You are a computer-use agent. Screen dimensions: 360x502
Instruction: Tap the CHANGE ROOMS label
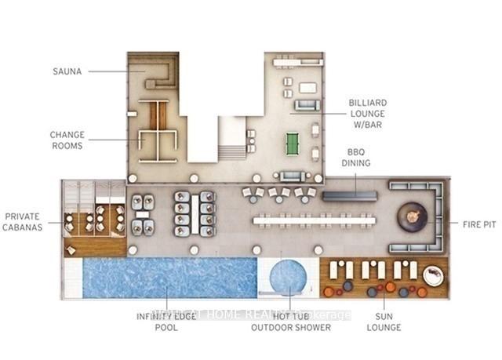[x=67, y=140]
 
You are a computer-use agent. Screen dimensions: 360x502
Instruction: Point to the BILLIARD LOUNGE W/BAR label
[x=369, y=113]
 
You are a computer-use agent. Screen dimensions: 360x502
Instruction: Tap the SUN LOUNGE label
[x=384, y=320]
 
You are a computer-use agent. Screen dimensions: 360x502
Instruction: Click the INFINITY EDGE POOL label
[x=166, y=321]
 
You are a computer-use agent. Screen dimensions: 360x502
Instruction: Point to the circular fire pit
[x=412, y=216]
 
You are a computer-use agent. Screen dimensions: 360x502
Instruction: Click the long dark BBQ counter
[x=348, y=194]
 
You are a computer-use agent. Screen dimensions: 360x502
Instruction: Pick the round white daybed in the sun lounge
[x=433, y=275]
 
